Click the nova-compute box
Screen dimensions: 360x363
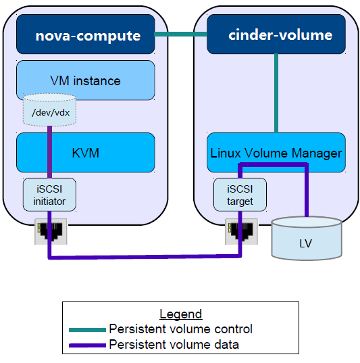pos(85,34)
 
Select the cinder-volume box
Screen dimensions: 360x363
pos(276,34)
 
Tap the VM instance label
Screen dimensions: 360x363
pos(85,81)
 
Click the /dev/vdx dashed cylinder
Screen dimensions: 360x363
pos(49,110)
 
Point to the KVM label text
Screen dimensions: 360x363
pos(85,153)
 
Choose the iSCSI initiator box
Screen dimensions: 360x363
pos(49,195)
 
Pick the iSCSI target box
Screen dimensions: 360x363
pos(240,195)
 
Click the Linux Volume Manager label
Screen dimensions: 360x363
pos(276,153)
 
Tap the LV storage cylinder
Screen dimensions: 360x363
pos(307,239)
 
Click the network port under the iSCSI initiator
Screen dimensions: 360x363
pos(51,231)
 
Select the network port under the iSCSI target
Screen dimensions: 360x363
pos(241,231)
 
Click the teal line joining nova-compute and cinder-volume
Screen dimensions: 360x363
pos(181,34)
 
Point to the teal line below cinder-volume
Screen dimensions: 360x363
pos(276,93)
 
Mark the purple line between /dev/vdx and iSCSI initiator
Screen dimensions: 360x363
pos(49,152)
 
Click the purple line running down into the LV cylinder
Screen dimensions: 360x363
pos(307,191)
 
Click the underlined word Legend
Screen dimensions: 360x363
pos(181,314)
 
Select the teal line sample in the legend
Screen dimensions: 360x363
pos(87,330)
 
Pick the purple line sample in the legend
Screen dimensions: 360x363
pos(87,345)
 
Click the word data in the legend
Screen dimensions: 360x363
pos(226,345)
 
